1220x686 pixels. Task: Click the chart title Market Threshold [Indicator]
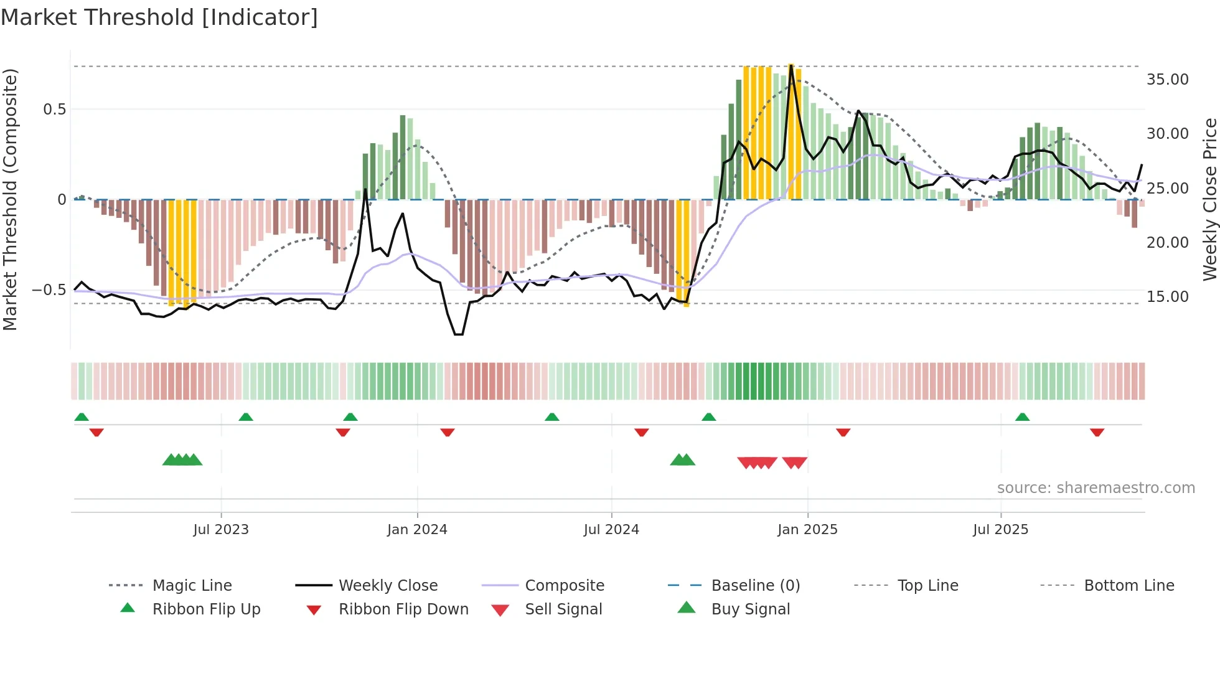159,17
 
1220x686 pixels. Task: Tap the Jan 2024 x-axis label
417,530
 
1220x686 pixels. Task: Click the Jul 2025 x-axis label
1000,530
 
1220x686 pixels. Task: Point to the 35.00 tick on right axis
1167,80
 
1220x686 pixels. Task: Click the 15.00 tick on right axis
1167,297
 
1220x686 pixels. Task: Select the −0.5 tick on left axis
49,290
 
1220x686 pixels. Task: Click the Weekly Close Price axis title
1209,199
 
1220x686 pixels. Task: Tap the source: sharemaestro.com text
1096,488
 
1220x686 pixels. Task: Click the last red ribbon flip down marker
1097,432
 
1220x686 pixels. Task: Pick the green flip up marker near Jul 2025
1022,417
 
